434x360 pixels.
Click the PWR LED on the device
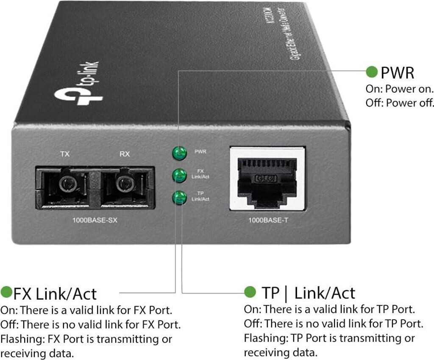[x=179, y=153]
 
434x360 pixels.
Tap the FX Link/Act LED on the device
[x=179, y=175]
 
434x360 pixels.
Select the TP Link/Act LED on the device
[x=179, y=197]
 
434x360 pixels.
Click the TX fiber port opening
[x=65, y=184]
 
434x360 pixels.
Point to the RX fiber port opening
[x=123, y=184]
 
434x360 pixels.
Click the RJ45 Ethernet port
[x=267, y=178]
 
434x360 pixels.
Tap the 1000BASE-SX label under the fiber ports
[x=94, y=220]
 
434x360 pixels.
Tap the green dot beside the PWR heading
[x=372, y=72]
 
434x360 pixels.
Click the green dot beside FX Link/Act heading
[x=6, y=292]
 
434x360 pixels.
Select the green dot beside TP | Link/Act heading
[x=250, y=292]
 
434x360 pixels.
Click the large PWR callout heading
[x=397, y=73]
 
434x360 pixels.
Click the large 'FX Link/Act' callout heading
[x=55, y=293]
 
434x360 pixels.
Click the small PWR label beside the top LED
[x=200, y=151]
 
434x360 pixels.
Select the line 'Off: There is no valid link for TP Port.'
[x=334, y=324]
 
